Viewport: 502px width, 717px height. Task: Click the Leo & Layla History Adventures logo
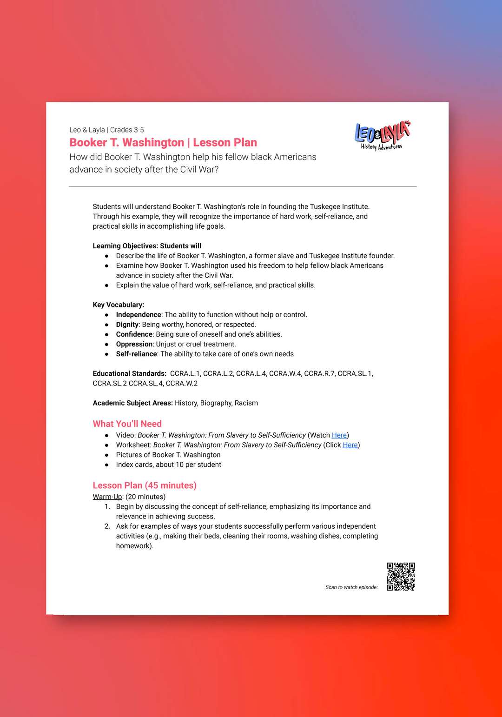383,136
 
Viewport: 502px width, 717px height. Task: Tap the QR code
401,577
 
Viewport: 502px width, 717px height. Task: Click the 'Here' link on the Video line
339,435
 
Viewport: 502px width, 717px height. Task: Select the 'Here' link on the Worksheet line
350,445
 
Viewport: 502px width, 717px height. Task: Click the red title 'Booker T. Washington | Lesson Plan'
163,142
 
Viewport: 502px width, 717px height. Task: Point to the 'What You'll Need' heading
127,424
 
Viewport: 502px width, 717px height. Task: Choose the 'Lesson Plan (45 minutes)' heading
145,485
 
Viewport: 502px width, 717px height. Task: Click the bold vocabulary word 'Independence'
139,315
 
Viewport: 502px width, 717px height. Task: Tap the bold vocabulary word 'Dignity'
127,325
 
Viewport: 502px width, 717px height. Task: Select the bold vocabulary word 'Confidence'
134,334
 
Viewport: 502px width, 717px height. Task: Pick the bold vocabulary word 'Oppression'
134,344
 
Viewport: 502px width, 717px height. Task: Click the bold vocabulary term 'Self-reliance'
136,354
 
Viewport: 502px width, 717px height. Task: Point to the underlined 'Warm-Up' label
107,497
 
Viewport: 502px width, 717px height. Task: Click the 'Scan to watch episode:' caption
351,587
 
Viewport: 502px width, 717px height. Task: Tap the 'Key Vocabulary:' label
118,305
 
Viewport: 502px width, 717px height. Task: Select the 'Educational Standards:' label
129,373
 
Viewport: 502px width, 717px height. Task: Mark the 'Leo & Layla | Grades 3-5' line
106,130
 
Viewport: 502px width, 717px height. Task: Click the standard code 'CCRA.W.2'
181,384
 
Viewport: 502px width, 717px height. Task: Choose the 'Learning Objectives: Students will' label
147,246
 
